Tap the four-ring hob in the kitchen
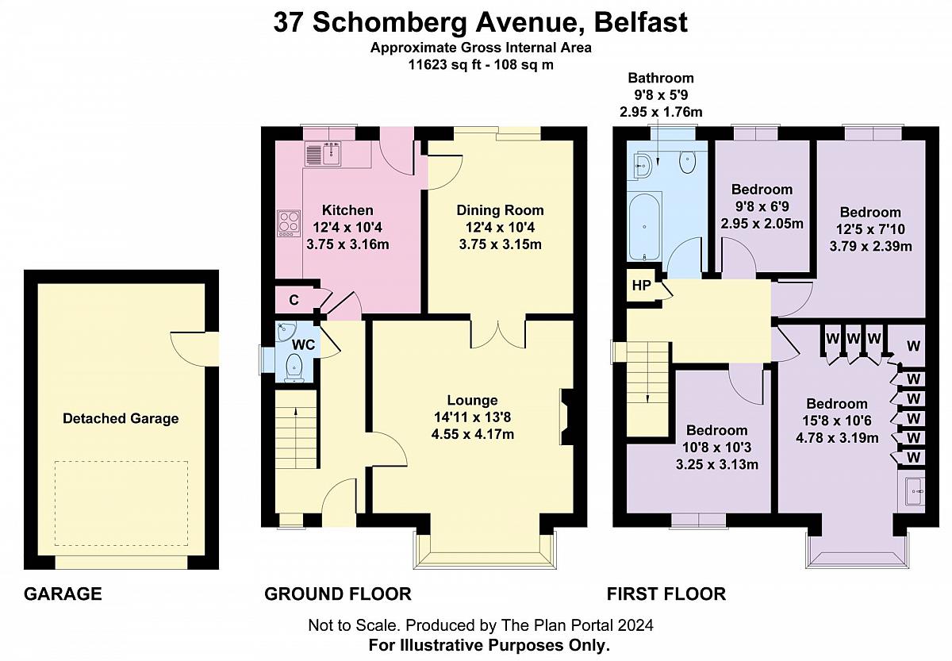coord(289,223)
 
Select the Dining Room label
coord(501,210)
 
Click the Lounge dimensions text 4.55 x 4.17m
coord(473,434)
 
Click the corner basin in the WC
coord(284,332)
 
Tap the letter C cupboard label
coord(294,300)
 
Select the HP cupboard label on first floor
coord(641,285)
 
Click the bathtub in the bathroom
coord(645,226)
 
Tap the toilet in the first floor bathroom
coord(687,163)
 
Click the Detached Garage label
coord(121,419)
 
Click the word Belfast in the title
coord(641,22)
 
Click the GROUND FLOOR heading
coord(338,594)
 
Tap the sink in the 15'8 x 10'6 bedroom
coord(914,491)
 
